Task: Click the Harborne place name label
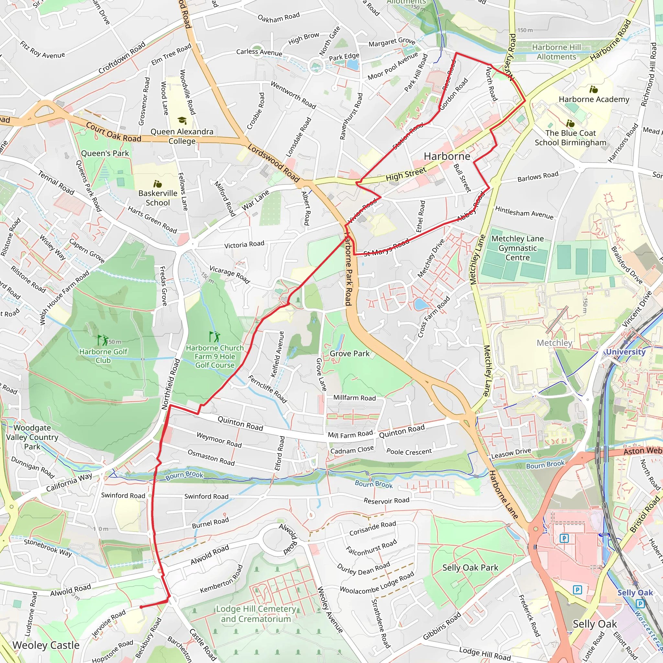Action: pyautogui.click(x=447, y=156)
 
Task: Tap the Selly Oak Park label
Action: pyautogui.click(x=470, y=567)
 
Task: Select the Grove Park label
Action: pyautogui.click(x=349, y=354)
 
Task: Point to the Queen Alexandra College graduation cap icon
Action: pyautogui.click(x=182, y=120)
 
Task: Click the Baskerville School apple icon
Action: pyautogui.click(x=158, y=184)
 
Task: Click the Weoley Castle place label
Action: pyautogui.click(x=46, y=645)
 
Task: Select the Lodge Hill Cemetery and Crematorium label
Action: pyautogui.click(x=256, y=614)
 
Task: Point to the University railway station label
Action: pyautogui.click(x=625, y=352)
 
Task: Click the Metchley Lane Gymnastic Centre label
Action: pyautogui.click(x=518, y=248)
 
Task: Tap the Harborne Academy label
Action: pyautogui.click(x=594, y=99)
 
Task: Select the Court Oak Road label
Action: pyautogui.click(x=113, y=132)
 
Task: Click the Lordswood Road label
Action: pyautogui.click(x=274, y=163)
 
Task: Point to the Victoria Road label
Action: pyautogui.click(x=244, y=244)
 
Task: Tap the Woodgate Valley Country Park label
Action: pyautogui.click(x=32, y=437)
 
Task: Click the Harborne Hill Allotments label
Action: pyautogui.click(x=556, y=52)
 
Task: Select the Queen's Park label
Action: pyautogui.click(x=105, y=153)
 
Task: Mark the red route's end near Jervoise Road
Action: pyautogui.click(x=141, y=607)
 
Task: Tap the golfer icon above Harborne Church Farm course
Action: pyautogui.click(x=215, y=336)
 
